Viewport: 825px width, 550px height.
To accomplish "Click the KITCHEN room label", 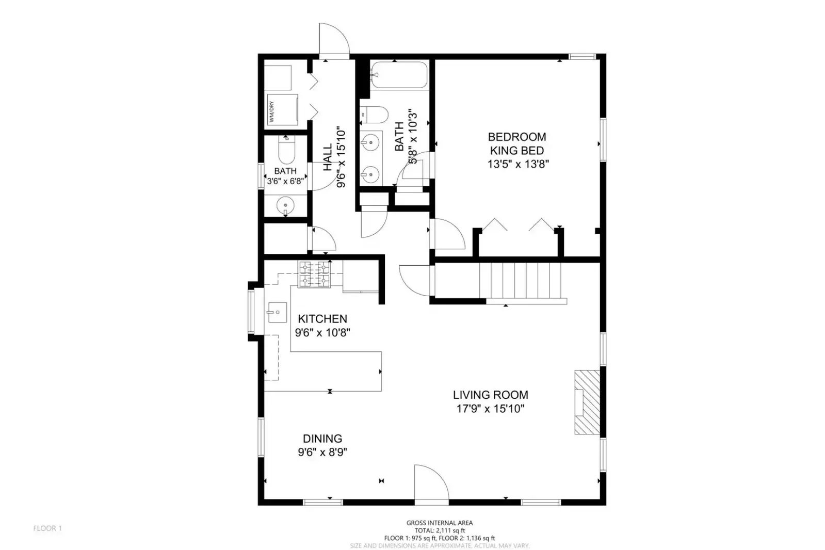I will (x=322, y=319).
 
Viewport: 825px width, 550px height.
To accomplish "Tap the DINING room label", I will (x=322, y=439).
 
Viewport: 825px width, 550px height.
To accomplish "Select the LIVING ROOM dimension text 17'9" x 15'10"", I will (x=490, y=409).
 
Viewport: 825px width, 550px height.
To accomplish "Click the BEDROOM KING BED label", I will (x=516, y=143).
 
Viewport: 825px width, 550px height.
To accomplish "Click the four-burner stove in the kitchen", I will (x=314, y=274).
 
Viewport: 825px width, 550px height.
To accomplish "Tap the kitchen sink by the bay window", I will (x=277, y=312).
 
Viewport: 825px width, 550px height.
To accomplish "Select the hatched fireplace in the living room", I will (x=587, y=402).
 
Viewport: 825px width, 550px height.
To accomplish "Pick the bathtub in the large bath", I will (x=399, y=75).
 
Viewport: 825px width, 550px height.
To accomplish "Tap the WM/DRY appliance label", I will (x=271, y=111).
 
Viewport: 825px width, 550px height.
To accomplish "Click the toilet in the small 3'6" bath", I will (x=286, y=150).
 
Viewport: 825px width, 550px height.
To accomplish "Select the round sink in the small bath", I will (x=285, y=206).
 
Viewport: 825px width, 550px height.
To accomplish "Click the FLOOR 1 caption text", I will (x=47, y=528).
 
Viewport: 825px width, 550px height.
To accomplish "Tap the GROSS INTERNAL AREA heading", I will (x=439, y=523).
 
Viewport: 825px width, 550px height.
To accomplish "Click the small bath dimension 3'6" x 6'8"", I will (x=285, y=181).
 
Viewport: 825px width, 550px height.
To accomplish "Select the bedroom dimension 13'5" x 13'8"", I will (x=517, y=165).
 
